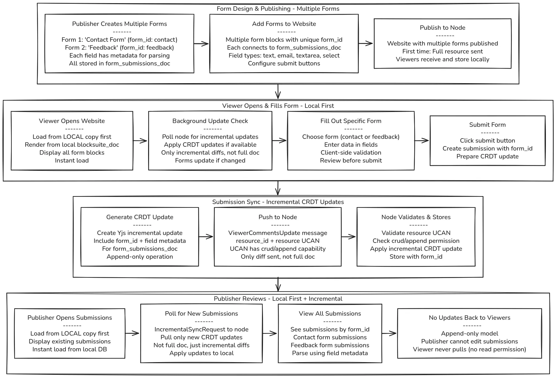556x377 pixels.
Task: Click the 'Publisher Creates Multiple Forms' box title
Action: tap(119, 24)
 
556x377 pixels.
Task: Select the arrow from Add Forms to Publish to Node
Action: tap(366, 44)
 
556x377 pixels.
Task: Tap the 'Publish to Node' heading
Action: tap(442, 28)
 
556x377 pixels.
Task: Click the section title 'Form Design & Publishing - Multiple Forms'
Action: tap(278, 9)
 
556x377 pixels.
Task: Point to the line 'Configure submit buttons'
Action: tap(284, 63)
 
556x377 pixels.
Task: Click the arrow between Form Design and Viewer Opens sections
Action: tap(278, 92)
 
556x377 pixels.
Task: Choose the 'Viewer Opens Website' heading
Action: tap(72, 121)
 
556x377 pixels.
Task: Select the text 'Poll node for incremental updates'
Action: tap(210, 137)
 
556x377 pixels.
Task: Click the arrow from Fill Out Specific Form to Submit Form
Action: tap(422, 141)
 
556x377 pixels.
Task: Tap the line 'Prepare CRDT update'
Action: tap(487, 156)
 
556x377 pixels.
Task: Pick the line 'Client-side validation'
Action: tap(351, 152)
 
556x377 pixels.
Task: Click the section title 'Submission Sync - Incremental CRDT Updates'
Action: tap(278, 202)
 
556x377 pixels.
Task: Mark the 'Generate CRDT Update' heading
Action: tap(140, 217)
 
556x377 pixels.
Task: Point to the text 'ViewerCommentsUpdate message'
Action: tap(278, 233)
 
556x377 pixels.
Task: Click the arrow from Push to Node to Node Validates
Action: tap(349, 237)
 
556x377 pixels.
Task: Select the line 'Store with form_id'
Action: tap(416, 256)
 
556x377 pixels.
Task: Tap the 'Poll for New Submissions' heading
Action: tap(201, 313)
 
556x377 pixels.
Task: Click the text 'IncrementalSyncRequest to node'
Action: tap(201, 329)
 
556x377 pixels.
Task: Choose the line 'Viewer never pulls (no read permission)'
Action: tap(469, 349)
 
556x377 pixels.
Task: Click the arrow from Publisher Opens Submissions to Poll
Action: tap(132, 333)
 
